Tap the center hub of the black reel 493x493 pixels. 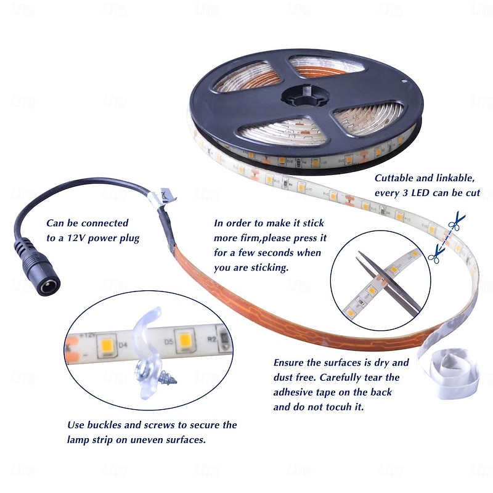[305, 96]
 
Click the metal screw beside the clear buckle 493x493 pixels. [167, 377]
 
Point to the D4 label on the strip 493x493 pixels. [123, 345]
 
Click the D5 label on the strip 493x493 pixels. [169, 341]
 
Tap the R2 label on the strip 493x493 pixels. [212, 339]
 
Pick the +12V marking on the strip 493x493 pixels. [87, 335]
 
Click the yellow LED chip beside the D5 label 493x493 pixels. [185, 341]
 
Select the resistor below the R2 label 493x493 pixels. [224, 340]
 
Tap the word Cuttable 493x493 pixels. [394, 178]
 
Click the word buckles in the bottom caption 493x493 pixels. [104, 425]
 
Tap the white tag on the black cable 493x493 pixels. [163, 197]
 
